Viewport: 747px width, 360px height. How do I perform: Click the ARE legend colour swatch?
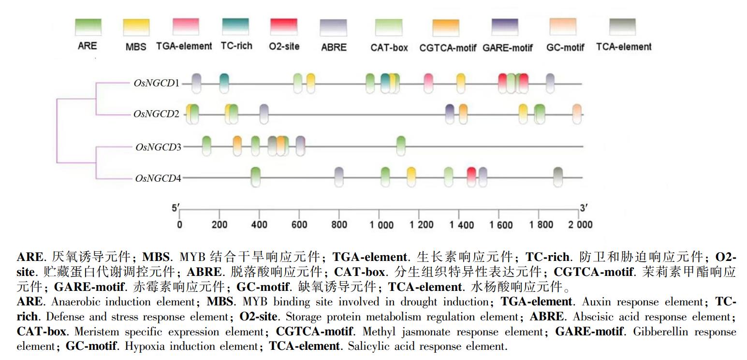(88, 27)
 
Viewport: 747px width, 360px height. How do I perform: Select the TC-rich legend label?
(236, 46)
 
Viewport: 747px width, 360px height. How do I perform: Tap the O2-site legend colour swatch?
(284, 27)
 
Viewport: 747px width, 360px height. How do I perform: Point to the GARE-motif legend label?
(508, 48)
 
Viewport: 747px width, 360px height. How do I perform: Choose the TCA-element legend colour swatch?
(623, 27)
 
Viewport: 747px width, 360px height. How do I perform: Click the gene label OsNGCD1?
(156, 83)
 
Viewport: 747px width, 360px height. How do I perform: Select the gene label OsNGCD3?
(158, 147)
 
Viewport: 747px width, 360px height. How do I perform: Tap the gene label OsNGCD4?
(158, 178)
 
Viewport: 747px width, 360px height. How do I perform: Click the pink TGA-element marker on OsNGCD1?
(428, 83)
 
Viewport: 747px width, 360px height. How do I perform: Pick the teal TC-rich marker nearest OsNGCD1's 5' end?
(224, 83)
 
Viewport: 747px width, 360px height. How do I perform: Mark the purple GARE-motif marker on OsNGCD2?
(450, 114)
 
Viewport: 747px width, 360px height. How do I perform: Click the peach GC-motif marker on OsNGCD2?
(577, 114)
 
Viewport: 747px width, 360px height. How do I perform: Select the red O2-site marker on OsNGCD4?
(471, 177)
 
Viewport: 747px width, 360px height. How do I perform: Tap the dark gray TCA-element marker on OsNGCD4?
(558, 177)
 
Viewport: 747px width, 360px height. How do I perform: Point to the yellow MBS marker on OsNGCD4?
(411, 177)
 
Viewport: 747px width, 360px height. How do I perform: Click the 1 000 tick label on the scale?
(381, 225)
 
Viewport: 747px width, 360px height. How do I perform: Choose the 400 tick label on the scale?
(259, 225)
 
